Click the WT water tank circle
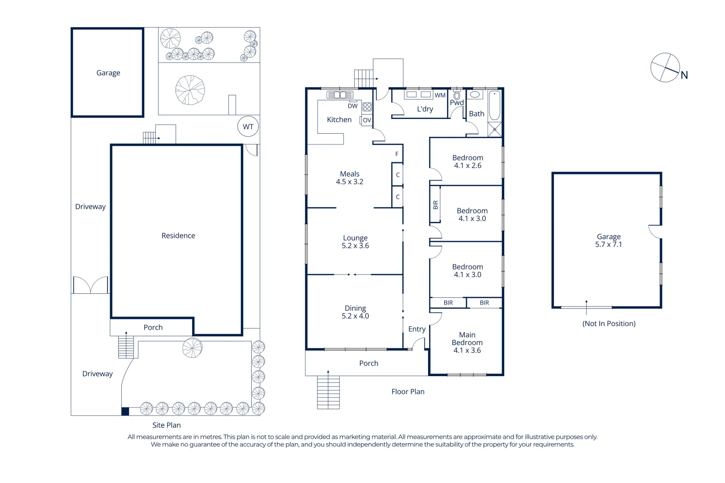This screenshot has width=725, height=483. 248,127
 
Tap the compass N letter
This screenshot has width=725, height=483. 684,75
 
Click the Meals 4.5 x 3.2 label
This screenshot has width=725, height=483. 349,178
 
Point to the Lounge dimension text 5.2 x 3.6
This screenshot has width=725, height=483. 355,246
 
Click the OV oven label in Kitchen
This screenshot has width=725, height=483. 367,120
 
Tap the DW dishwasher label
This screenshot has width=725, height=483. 352,106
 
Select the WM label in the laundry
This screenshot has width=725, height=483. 440,95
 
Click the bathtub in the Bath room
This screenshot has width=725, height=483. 494,106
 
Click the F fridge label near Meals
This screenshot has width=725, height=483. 397,154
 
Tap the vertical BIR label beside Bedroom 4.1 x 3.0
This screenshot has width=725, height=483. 435,205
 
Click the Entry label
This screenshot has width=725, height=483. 416,329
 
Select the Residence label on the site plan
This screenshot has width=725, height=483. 178,235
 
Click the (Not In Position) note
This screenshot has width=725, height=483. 609,323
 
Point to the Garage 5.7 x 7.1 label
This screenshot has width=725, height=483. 608,240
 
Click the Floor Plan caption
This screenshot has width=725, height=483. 408,391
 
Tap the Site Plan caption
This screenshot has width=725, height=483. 166,425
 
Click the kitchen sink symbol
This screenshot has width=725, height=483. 340,95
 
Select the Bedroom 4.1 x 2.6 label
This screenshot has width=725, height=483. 468,161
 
